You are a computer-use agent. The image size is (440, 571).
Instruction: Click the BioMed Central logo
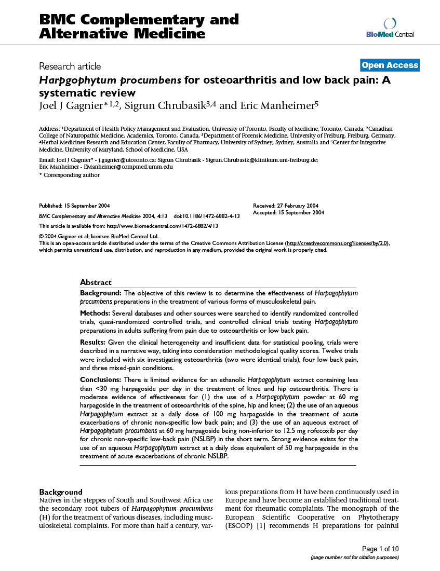point(390,28)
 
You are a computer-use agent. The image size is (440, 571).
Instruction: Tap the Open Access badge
point(390,65)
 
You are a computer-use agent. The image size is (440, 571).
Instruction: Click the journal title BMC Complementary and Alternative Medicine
point(139,27)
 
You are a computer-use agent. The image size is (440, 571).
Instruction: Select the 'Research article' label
point(70,66)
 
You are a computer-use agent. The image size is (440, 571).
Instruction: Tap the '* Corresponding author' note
point(70,175)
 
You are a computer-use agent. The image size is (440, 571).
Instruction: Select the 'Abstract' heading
point(96,282)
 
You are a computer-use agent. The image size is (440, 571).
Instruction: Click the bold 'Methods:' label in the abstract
point(95,313)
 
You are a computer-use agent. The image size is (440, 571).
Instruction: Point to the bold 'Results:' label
point(92,342)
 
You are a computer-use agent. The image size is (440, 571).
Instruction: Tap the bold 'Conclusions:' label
point(101,380)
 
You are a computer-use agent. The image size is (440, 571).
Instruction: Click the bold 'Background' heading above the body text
point(61,492)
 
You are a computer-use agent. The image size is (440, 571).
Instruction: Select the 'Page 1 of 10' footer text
point(380,549)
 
